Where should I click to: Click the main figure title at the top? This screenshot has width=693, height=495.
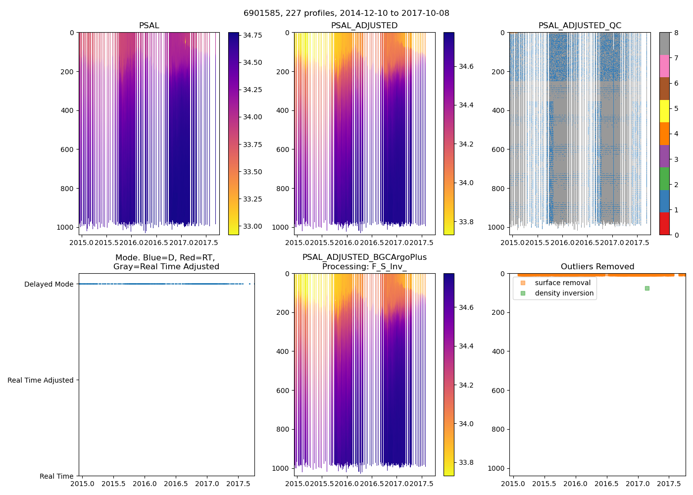click(346, 13)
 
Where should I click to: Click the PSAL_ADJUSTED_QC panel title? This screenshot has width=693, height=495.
click(580, 26)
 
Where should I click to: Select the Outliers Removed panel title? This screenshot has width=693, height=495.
click(597, 267)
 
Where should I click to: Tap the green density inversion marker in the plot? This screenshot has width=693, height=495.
click(647, 288)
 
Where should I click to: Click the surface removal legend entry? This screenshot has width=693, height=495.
click(562, 283)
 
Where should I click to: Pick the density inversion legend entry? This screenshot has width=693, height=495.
click(564, 293)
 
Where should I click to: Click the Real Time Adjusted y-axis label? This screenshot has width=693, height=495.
click(41, 380)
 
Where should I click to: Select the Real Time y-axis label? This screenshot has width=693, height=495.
click(56, 476)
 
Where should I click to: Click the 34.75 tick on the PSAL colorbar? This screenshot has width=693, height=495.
click(252, 35)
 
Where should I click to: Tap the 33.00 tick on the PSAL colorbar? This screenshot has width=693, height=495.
click(252, 226)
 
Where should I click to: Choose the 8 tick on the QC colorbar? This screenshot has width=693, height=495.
click(676, 33)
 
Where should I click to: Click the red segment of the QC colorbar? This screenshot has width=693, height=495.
click(664, 223)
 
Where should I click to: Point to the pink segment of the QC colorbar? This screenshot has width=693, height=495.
click(664, 66)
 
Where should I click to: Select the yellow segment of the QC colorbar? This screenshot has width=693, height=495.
click(664, 111)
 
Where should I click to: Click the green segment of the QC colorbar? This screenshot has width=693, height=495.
click(664, 178)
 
